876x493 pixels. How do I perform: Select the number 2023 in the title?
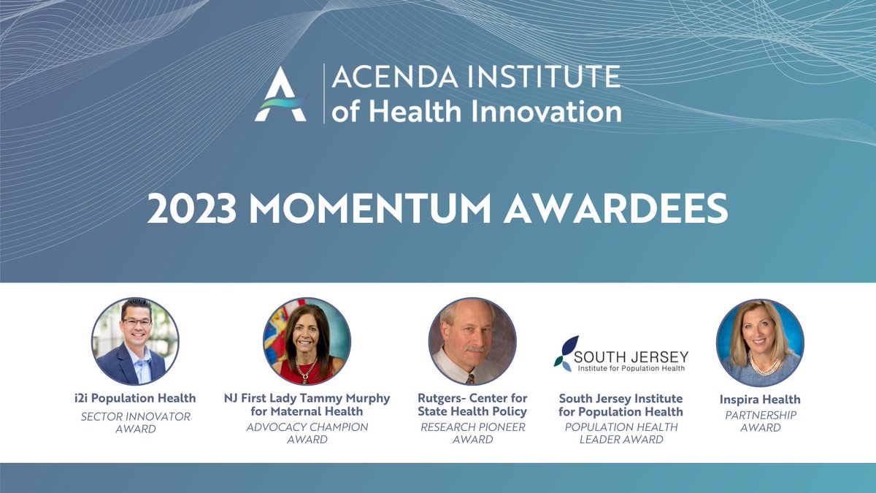[192, 210]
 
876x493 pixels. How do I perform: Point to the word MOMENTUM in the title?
[372, 210]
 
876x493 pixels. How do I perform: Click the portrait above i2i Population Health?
[135, 341]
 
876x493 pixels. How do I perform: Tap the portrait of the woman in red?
[307, 341]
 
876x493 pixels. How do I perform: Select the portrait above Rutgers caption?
[472, 341]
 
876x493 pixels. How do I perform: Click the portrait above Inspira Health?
[760, 341]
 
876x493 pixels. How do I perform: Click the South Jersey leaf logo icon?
[565, 351]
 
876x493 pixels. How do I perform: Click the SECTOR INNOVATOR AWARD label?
[135, 422]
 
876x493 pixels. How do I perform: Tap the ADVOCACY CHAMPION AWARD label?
[307, 432]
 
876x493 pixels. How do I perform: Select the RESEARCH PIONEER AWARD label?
[472, 432]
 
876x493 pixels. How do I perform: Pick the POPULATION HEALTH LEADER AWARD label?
[621, 432]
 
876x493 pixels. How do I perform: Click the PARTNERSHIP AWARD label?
[760, 421]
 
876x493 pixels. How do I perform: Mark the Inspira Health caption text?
[760, 399]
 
